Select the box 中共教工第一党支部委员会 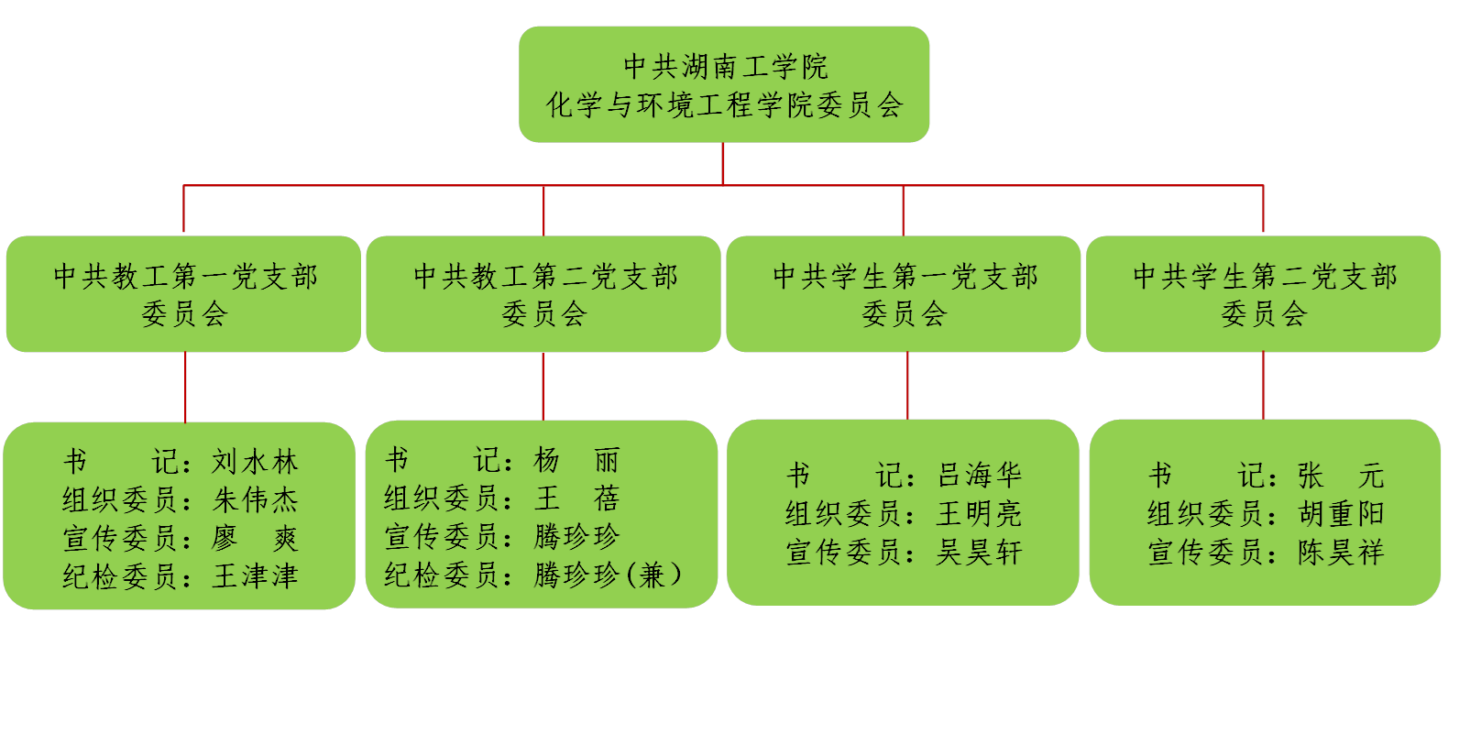(184, 294)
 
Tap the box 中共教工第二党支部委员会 (543, 294)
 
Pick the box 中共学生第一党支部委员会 (904, 294)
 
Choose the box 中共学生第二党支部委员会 (1264, 294)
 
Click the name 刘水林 (256, 461)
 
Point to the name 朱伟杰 (256, 499)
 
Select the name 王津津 (256, 576)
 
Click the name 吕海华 (979, 475)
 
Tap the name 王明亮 (979, 513)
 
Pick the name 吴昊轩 (979, 553)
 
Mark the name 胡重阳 (1341, 513)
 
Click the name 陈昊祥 (1341, 553)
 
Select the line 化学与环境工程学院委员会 (724, 105)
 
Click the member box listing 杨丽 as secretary (542, 514)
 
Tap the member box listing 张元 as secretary (1265, 512)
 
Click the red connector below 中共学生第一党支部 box (907, 386)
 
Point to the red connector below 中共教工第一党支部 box (185, 387)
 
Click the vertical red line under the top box (724, 163)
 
